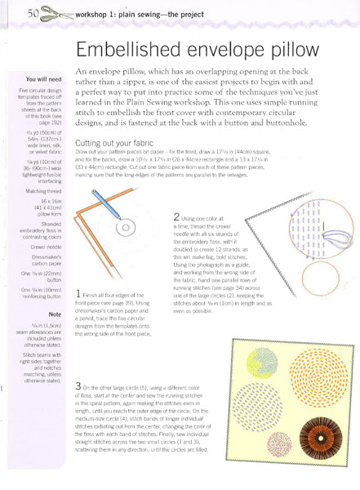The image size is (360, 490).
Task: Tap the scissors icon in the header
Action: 59,13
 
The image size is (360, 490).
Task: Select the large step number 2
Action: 177,217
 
